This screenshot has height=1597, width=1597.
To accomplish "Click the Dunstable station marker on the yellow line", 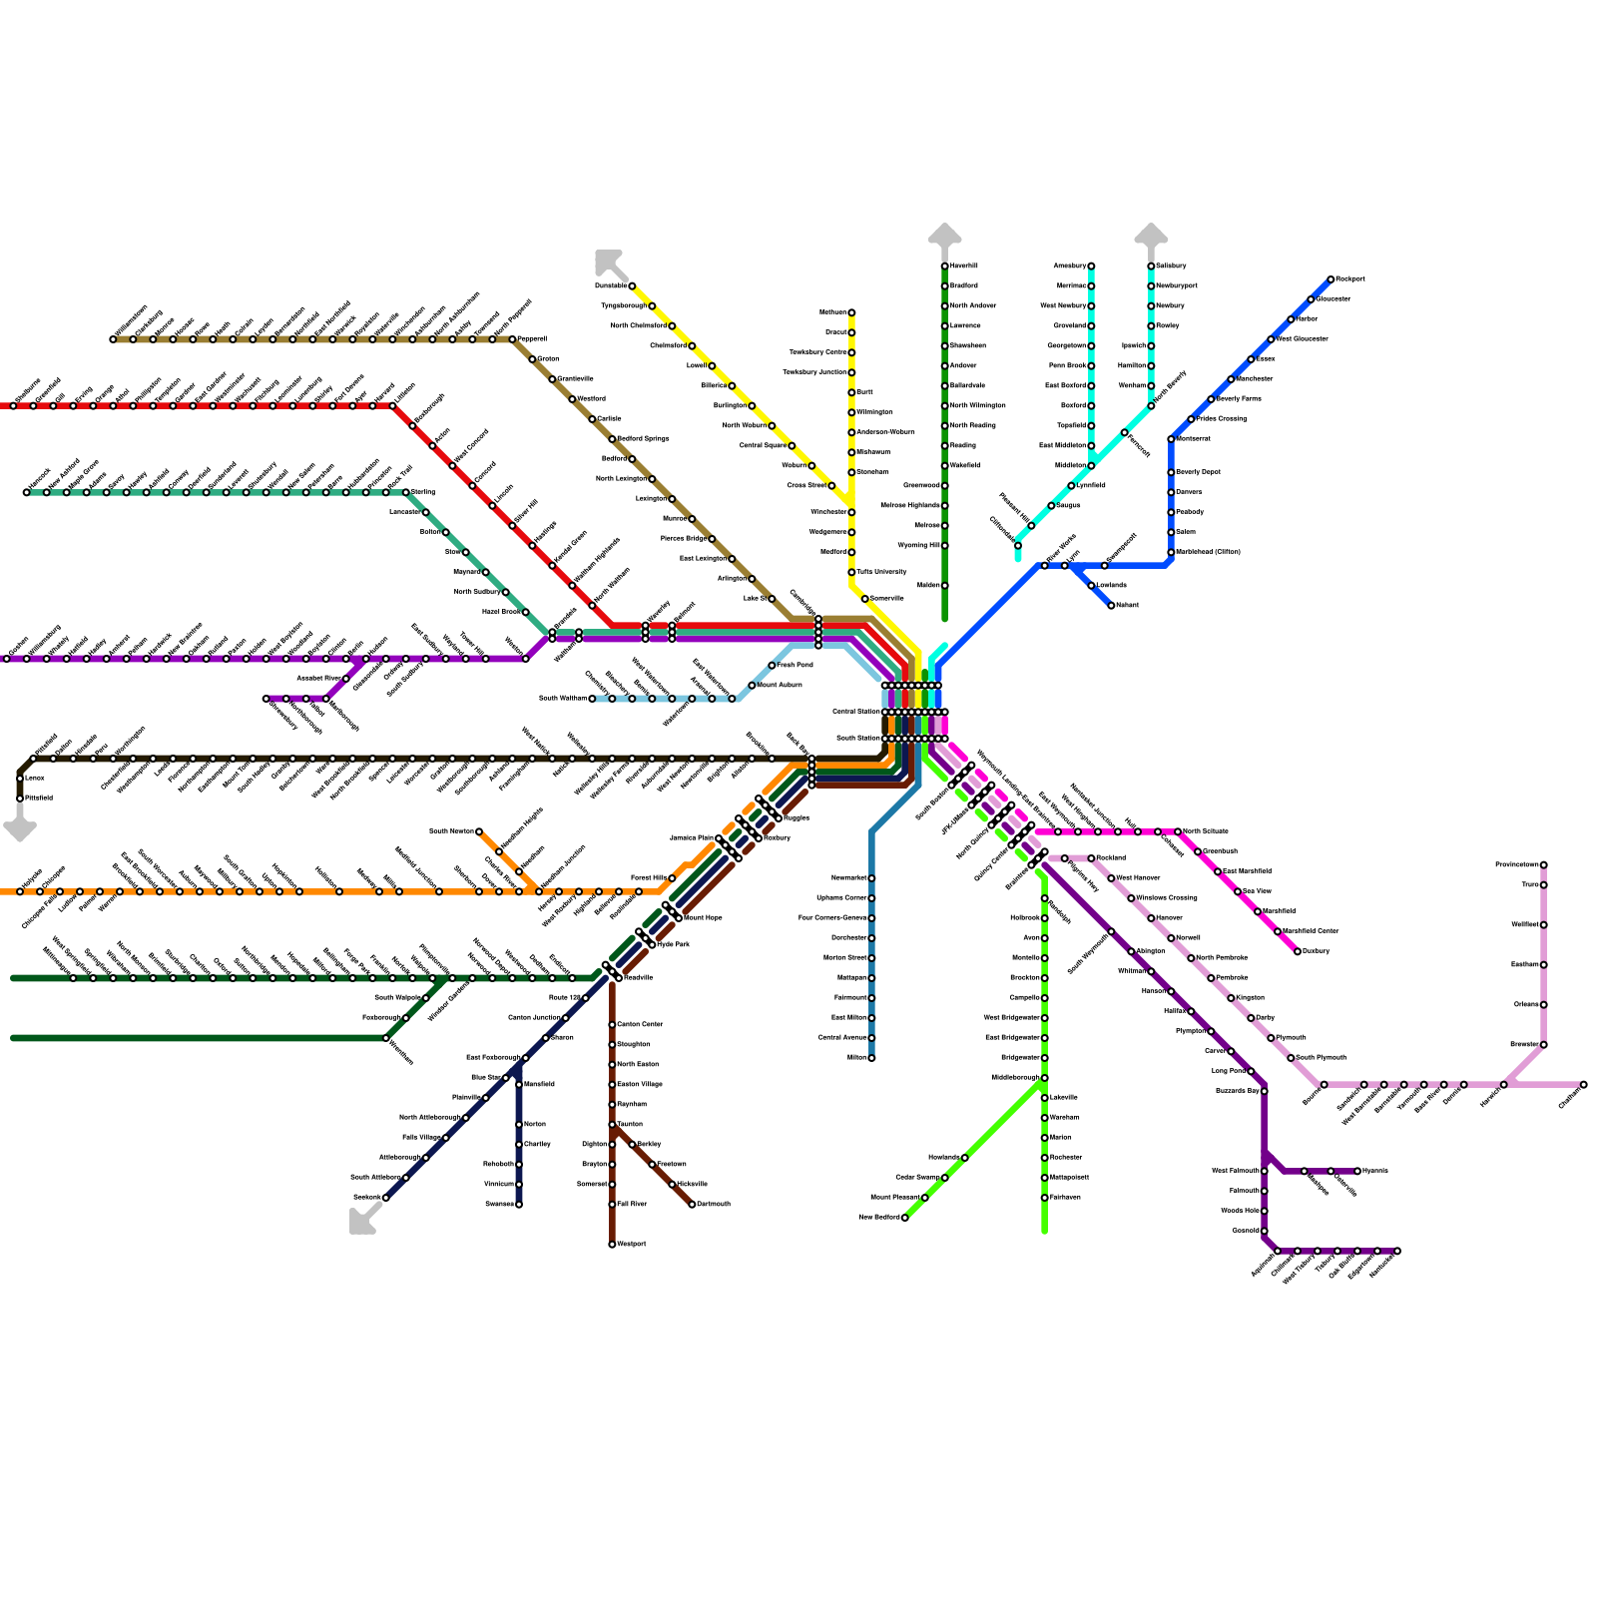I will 632,286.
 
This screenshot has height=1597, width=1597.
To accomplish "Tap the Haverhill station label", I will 964,266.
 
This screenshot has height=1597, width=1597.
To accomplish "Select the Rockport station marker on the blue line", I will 1331,279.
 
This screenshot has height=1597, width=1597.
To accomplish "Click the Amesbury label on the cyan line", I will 1069,266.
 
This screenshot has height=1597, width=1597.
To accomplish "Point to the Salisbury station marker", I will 1151,266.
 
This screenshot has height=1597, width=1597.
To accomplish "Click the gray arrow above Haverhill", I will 944,236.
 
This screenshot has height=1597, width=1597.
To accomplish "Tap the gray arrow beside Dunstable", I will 607,262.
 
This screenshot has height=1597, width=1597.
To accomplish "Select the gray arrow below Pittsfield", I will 20,828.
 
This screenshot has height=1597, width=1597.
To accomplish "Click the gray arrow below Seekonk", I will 362,1221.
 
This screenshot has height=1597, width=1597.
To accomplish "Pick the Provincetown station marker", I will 1543,865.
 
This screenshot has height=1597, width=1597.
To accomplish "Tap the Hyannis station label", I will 1375,1171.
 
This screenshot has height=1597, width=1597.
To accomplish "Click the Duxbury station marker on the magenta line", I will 1298,952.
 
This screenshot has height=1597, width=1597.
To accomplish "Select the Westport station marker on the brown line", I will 612,1245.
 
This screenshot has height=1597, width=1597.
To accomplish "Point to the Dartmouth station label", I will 714,1205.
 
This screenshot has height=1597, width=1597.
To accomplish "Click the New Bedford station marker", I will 904,1218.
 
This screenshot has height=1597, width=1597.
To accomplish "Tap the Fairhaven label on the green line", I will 1065,1198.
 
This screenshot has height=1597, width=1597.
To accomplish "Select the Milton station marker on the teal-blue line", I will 871,1058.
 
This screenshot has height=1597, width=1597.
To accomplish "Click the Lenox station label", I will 34,778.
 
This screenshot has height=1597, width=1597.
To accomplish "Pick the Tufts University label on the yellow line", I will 881,572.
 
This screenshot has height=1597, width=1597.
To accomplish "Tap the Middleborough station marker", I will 1044,1078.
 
